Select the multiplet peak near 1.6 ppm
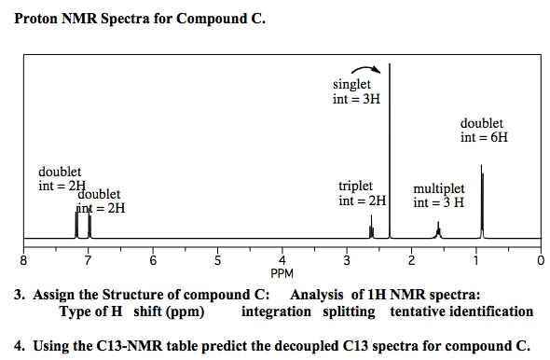click(438, 229)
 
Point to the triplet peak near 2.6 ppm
click(371, 227)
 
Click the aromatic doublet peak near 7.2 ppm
click(76, 224)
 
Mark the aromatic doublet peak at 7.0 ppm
click(89, 224)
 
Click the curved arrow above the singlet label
click(364, 70)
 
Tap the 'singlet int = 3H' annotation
click(356, 91)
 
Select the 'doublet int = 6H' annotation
click(484, 130)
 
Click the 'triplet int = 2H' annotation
click(361, 193)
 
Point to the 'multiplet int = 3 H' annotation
click(438, 195)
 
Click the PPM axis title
click(282, 274)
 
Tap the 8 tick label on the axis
click(25, 258)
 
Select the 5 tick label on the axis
click(217, 258)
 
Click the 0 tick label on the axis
click(540, 258)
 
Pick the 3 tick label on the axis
click(347, 258)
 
